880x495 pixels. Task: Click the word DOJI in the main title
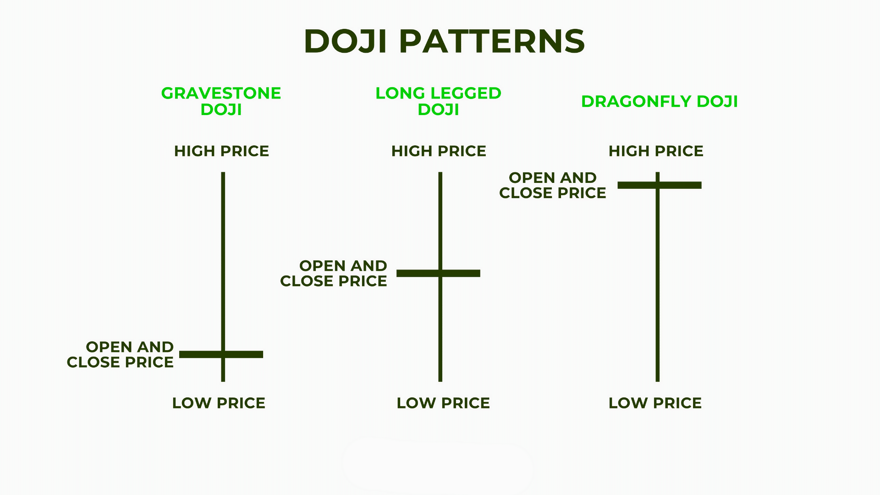(x=346, y=41)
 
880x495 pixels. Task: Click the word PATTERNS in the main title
(x=492, y=41)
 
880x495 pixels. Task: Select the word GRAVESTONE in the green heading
(x=221, y=93)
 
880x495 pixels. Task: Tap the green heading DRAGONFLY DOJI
(x=659, y=101)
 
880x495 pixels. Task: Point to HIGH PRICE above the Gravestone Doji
(x=221, y=151)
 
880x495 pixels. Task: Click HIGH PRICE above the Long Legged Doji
(x=439, y=151)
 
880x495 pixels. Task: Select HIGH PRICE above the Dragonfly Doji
(x=656, y=151)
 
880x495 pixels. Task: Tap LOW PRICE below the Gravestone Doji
(x=219, y=403)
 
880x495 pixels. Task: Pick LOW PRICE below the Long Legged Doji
(x=443, y=403)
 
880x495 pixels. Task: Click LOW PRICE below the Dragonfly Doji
(x=655, y=403)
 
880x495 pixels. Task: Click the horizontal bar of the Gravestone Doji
(x=243, y=354)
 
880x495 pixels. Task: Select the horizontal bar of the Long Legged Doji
(x=461, y=273)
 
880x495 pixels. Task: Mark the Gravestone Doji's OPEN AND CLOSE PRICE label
(x=121, y=354)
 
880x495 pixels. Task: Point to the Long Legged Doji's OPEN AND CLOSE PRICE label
(x=334, y=273)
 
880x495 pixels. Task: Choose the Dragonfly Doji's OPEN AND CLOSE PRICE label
(x=553, y=185)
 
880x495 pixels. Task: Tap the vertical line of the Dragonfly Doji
(x=658, y=284)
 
